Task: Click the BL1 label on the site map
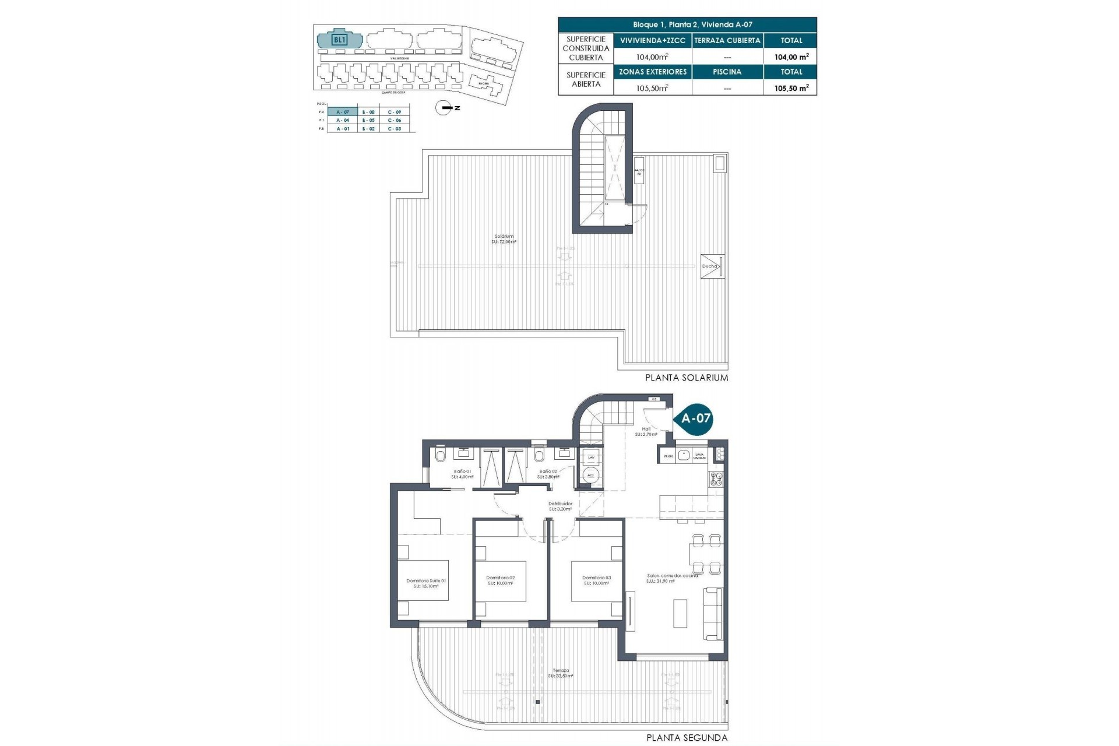[339, 40]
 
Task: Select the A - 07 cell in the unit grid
[343, 112]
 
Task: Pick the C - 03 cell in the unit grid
[395, 129]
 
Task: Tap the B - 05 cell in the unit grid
[368, 120]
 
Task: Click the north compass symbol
[444, 108]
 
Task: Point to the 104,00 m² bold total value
[791, 57]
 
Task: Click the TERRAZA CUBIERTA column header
[727, 41]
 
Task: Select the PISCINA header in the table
[727, 72]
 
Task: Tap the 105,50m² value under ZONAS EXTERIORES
[652, 88]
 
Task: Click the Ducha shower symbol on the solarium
[712, 266]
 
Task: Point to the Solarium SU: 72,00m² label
[504, 239]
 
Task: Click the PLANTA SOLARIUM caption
[687, 378]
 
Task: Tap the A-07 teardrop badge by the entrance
[695, 418]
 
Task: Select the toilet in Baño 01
[441, 455]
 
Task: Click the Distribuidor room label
[560, 506]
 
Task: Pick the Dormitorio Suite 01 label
[426, 583]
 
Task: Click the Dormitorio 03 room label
[596, 580]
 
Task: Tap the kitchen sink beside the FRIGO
[684, 456]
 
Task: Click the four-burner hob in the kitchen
[716, 479]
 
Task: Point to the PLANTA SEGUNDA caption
[687, 738]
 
